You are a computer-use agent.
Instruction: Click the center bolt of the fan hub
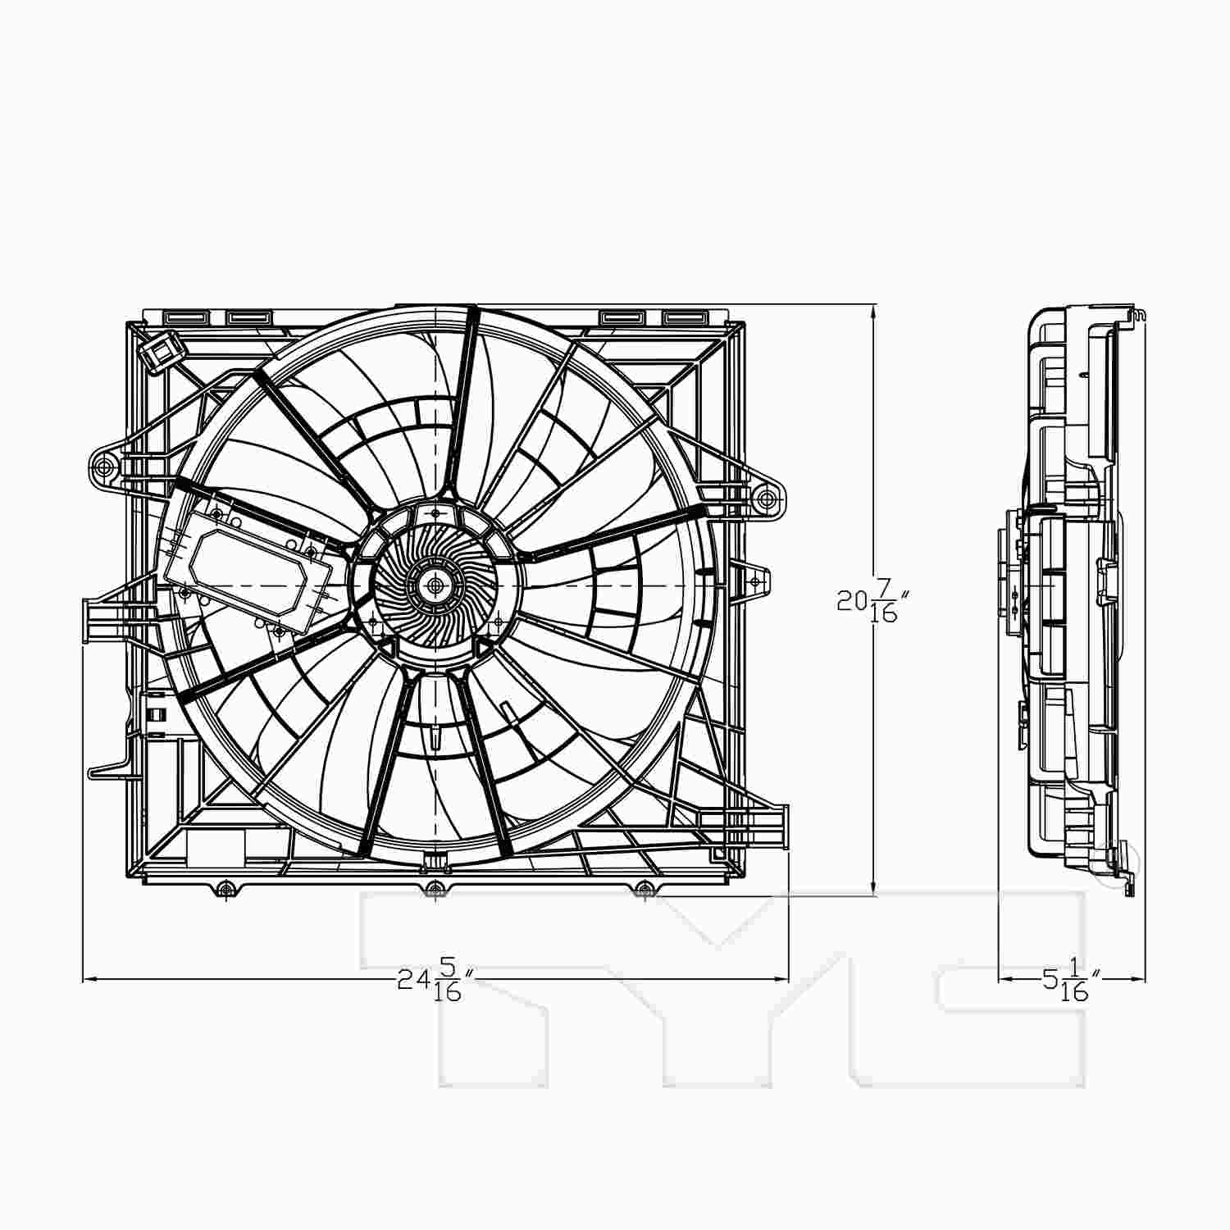click(435, 585)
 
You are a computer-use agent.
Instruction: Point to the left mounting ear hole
click(103, 467)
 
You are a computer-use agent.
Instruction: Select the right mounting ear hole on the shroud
click(765, 498)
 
